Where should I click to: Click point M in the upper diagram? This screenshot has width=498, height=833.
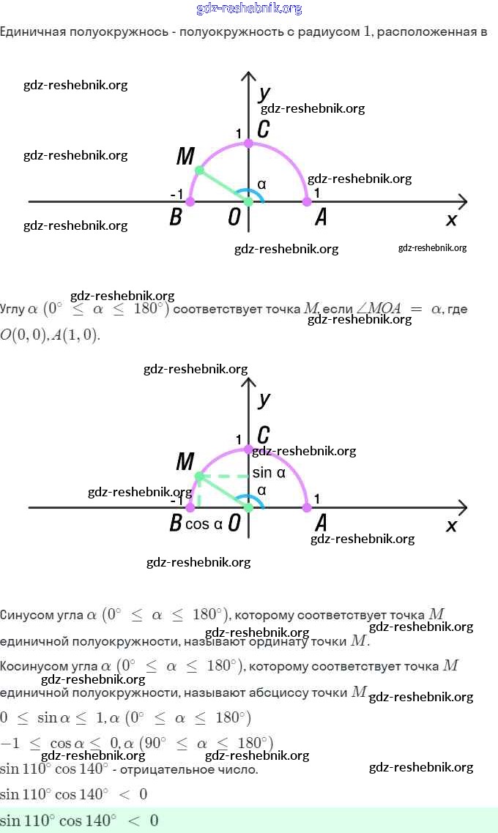[198, 171]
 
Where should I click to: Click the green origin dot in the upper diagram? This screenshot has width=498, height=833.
[248, 201]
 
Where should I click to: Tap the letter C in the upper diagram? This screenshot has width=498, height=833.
[264, 130]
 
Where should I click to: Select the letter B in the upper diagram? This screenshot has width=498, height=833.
[176, 217]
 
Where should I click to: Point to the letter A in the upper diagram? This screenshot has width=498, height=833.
[321, 217]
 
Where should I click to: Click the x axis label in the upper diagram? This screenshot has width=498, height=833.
[452, 219]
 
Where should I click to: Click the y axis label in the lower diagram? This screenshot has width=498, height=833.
[264, 399]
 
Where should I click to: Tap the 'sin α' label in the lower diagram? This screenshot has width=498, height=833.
[269, 473]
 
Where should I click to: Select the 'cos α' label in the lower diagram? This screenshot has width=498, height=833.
[204, 524]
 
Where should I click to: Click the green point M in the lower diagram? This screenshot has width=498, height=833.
[198, 477]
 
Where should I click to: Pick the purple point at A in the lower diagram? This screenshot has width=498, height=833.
[307, 507]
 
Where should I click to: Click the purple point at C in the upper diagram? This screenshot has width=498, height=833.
[249, 143]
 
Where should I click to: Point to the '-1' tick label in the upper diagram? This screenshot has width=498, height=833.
[176, 194]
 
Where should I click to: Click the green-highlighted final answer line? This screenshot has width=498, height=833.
[249, 821]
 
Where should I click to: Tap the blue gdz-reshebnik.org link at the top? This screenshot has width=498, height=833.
[249, 9]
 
